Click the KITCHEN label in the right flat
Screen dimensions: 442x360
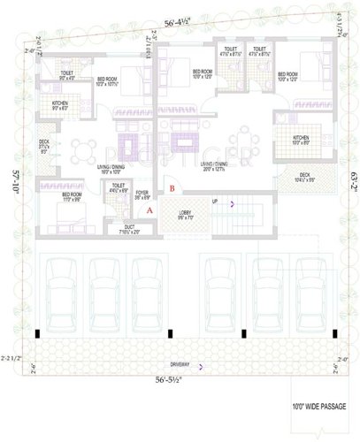301,138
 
